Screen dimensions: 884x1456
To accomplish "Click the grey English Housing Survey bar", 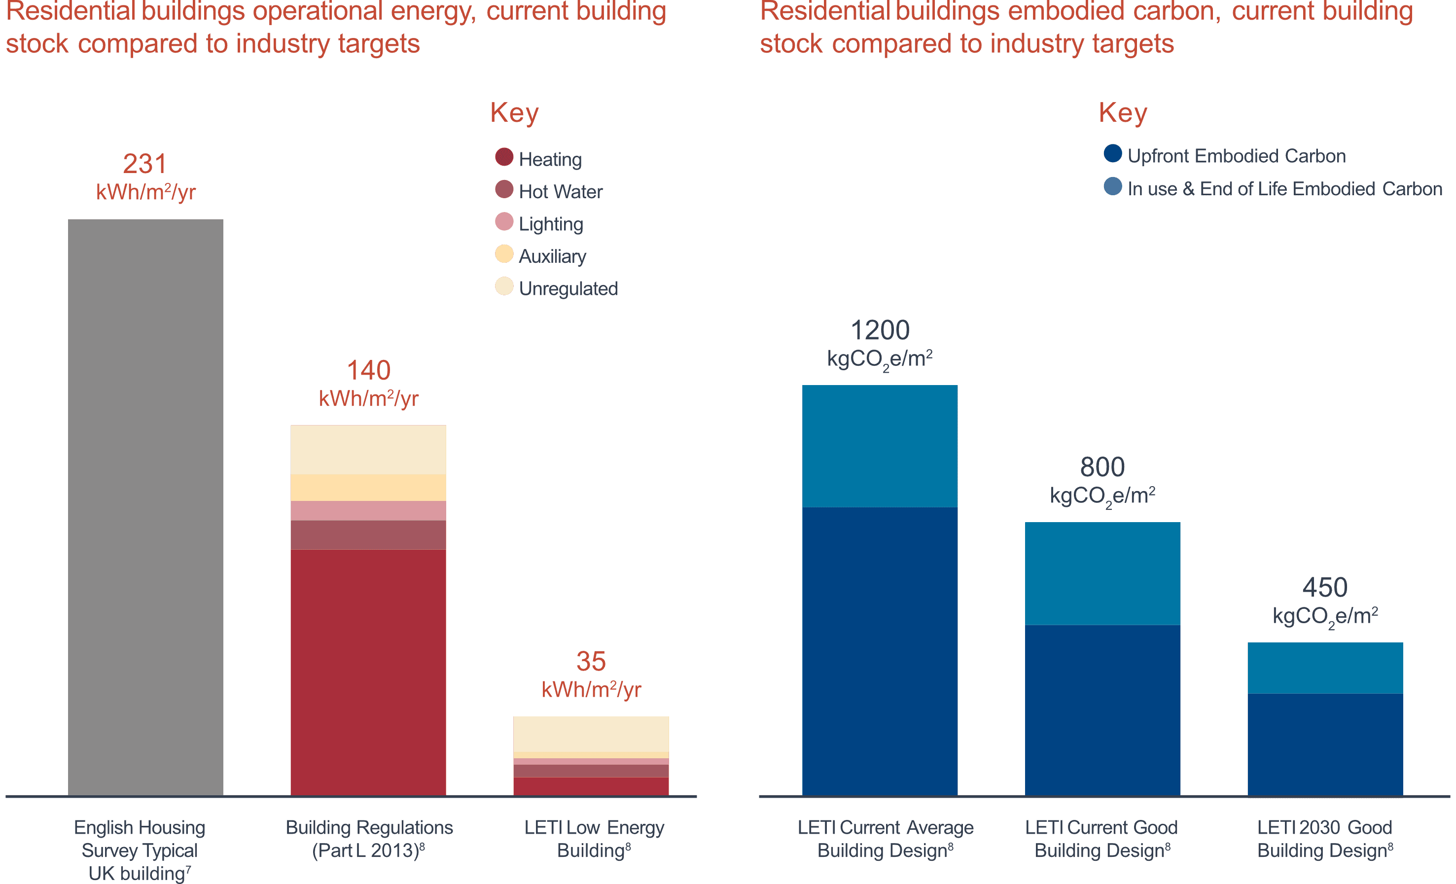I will pyautogui.click(x=145, y=507).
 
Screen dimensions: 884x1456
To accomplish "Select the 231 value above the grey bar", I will pyautogui.click(x=145, y=164).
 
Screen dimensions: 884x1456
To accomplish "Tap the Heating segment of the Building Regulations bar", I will pyautogui.click(x=368, y=672).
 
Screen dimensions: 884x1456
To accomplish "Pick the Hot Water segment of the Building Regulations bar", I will pyautogui.click(x=368, y=535).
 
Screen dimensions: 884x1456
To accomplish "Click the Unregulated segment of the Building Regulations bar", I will pyautogui.click(x=368, y=450).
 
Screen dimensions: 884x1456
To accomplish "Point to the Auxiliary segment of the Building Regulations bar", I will pyautogui.click(x=368, y=488).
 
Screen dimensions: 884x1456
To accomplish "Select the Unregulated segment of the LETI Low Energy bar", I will pyautogui.click(x=591, y=733).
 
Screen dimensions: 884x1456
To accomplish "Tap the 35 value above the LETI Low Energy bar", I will pyautogui.click(x=591, y=662).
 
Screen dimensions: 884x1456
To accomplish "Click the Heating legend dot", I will pyautogui.click(x=504, y=157).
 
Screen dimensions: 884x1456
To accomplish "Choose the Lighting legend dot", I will pyautogui.click(x=504, y=221).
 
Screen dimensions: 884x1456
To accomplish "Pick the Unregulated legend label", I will pyautogui.click(x=568, y=289).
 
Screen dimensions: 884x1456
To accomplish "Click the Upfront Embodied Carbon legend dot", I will pyautogui.click(x=1113, y=154).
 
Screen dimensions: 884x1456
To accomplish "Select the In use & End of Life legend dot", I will pyautogui.click(x=1113, y=187).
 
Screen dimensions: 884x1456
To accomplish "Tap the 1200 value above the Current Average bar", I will pyautogui.click(x=880, y=330).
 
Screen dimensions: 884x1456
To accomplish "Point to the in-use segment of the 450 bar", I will pyautogui.click(x=1325, y=668).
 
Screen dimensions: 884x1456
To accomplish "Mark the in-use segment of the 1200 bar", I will pyautogui.click(x=880, y=446).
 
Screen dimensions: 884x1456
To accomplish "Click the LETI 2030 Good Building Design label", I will pyautogui.click(x=1325, y=839).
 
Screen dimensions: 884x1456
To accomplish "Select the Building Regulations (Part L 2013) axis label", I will pyautogui.click(x=369, y=839).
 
